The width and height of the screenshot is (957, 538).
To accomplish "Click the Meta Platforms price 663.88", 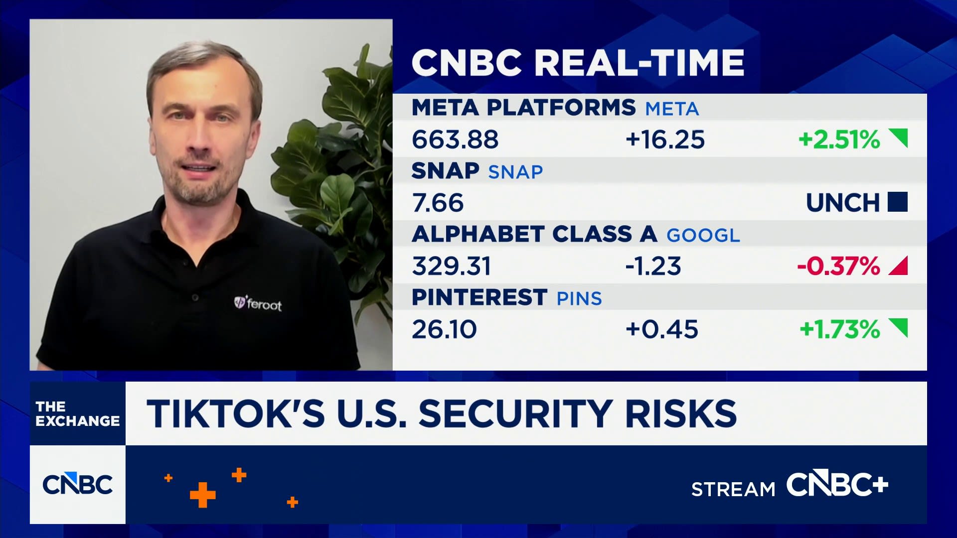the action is [455, 139].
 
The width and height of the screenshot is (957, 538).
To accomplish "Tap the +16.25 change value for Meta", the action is [665, 139].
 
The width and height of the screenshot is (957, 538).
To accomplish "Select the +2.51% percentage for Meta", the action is [839, 139].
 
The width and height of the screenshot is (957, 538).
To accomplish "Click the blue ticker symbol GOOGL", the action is [703, 235].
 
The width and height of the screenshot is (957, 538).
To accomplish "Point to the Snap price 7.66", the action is [438, 203].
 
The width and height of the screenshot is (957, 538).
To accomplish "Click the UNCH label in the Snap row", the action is [843, 203].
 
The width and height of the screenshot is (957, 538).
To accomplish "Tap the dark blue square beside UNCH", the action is [898, 202].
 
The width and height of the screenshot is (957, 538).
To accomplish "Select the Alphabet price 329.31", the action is [452, 266].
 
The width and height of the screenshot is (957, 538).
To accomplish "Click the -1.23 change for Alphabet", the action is [653, 266].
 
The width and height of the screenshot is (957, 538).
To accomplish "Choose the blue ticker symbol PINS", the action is [579, 298].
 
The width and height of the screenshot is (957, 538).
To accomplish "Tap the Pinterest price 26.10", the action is [444, 329].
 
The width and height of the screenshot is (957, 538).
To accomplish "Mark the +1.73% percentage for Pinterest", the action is [840, 329].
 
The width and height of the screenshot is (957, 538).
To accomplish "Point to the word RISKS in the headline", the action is [681, 413].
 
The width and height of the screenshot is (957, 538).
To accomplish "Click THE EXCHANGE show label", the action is [78, 413].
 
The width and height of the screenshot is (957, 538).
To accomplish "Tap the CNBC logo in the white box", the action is [78, 484].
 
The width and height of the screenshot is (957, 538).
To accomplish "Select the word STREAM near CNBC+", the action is [733, 489].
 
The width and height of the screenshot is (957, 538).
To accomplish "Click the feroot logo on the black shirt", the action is [258, 303].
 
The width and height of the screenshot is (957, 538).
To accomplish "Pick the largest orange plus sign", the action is [203, 495].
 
